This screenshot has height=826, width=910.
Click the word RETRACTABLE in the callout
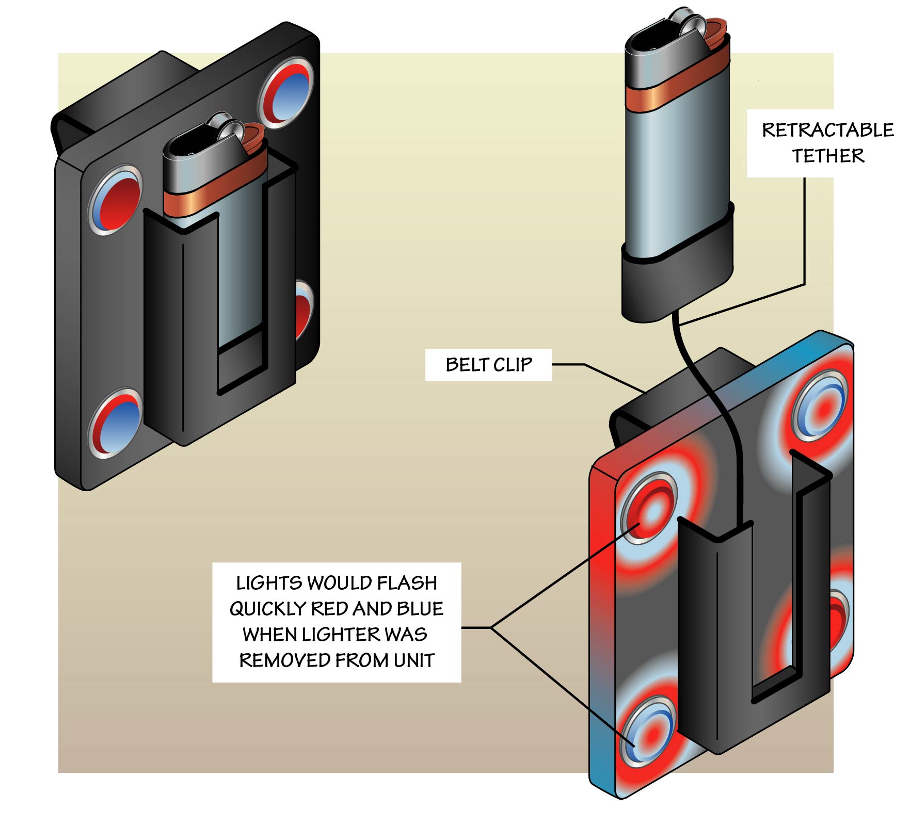click(x=827, y=130)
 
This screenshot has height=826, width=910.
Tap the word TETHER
click(x=827, y=156)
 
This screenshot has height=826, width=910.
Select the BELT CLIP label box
click(x=488, y=365)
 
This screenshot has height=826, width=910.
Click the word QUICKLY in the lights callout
click(x=268, y=609)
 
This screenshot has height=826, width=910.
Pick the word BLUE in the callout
click(x=420, y=609)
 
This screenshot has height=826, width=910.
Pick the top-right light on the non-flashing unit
click(x=287, y=93)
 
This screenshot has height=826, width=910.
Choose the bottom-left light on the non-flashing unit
click(x=115, y=423)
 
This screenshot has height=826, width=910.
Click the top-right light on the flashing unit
click(x=821, y=405)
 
